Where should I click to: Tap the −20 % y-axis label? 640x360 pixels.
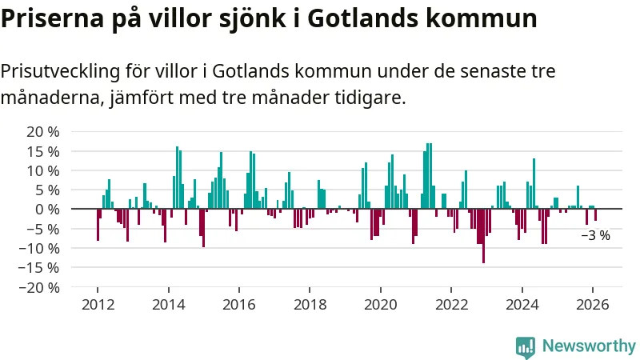39,287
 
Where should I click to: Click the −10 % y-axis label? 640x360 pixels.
39,248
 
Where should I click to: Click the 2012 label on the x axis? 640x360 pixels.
98,304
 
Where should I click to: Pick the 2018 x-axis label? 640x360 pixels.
310,304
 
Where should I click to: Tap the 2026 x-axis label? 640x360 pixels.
592,304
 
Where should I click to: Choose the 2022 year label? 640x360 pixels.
450,304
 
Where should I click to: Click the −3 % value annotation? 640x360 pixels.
595,235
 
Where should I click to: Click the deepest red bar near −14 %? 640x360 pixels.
483,236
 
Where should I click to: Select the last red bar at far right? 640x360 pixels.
595,214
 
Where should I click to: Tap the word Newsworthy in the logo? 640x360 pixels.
589,346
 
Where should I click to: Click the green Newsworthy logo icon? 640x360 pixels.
526,346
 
